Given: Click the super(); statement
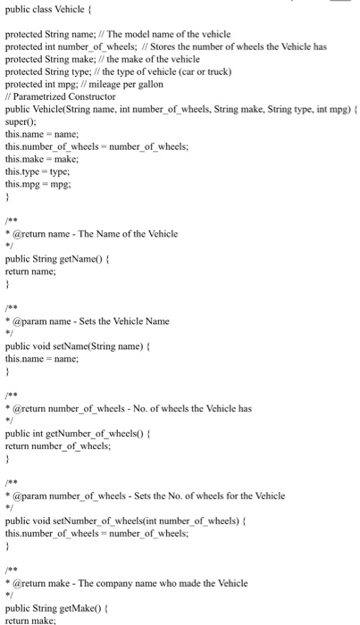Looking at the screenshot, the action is coord(19,121).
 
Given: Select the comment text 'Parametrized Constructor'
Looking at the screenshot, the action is coord(65,96).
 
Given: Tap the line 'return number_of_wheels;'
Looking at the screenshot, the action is coord(58,445).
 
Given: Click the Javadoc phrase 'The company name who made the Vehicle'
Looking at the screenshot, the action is coord(169,583).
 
